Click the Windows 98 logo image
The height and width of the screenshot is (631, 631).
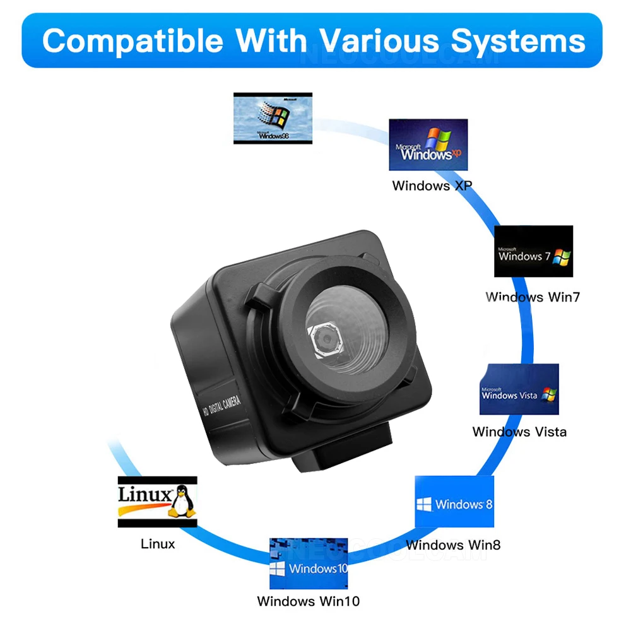(x=273, y=118)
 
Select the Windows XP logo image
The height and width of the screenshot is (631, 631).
(x=428, y=144)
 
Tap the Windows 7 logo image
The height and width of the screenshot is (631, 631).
(x=533, y=251)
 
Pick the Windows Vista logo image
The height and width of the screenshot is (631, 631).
(x=519, y=389)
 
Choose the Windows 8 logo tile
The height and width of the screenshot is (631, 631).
(x=454, y=502)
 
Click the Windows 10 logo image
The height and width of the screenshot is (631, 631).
(x=309, y=563)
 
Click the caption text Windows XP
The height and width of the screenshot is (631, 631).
(x=432, y=186)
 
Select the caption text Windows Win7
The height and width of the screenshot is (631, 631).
(x=533, y=297)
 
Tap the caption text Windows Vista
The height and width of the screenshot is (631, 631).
(x=519, y=432)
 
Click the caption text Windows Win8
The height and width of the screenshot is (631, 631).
(x=453, y=545)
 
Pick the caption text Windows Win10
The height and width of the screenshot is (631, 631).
(x=309, y=601)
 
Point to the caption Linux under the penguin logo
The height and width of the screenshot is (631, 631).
(x=158, y=544)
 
